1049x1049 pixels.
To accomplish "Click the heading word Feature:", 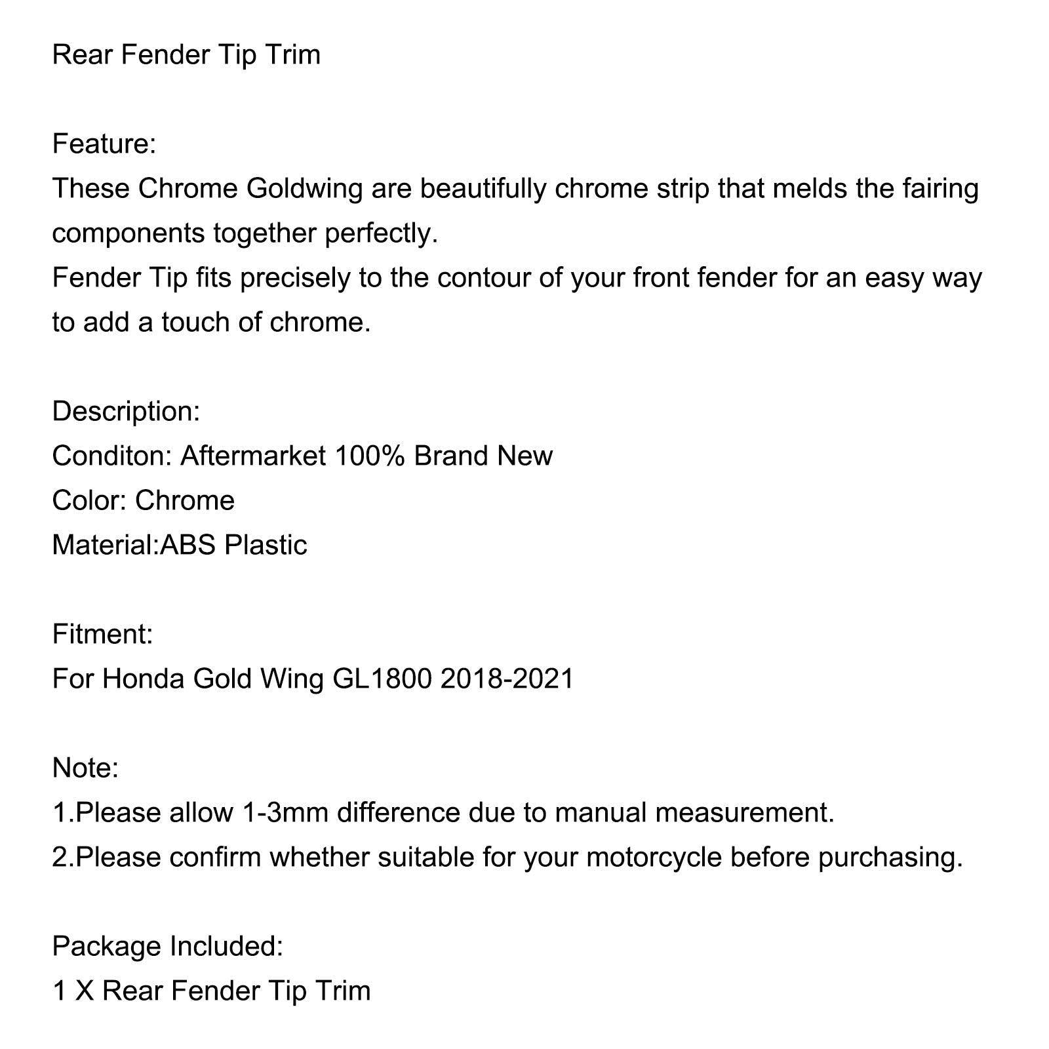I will click(104, 144).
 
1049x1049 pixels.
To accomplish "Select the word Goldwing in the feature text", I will click(304, 189).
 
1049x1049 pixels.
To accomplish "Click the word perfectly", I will click(382, 233).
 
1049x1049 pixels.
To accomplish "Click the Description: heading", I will click(126, 412).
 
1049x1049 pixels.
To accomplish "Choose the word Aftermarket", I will click(253, 456).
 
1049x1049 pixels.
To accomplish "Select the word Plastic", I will click(266, 545).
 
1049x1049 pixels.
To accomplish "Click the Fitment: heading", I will click(102, 635).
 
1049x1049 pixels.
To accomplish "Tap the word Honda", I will click(143, 679).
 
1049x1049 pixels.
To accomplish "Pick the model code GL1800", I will click(382, 679).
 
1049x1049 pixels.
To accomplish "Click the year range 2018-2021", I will click(507, 679).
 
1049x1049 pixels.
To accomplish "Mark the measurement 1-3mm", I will click(285, 813).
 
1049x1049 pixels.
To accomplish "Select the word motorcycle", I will click(654, 858).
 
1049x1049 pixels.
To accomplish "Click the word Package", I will click(107, 947).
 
